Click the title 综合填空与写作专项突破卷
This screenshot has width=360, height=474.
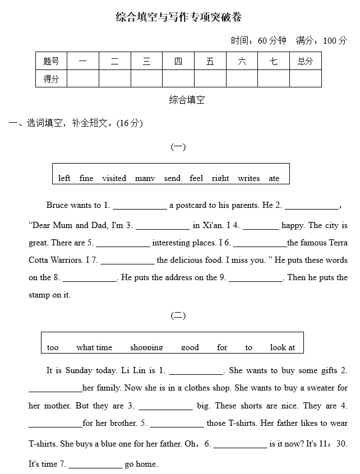tap(179, 17)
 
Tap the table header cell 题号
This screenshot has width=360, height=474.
tap(51, 61)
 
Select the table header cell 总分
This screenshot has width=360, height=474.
tap(305, 61)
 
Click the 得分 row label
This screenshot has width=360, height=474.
tap(51, 79)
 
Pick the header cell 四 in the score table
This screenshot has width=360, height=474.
tap(178, 61)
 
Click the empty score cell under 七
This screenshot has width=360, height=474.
tap(274, 79)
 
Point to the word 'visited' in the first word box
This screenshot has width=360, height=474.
tap(114, 178)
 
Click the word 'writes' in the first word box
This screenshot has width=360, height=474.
tap(248, 178)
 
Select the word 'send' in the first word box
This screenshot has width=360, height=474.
tap(172, 178)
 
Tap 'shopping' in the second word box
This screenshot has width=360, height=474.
tap(146, 347)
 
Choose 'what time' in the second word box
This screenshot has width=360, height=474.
tap(94, 347)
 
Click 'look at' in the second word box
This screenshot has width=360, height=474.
tap(282, 347)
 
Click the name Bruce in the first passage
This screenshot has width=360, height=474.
tap(57, 205)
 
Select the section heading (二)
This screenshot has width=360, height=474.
tap(178, 315)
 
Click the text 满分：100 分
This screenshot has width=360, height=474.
tap(322, 40)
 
